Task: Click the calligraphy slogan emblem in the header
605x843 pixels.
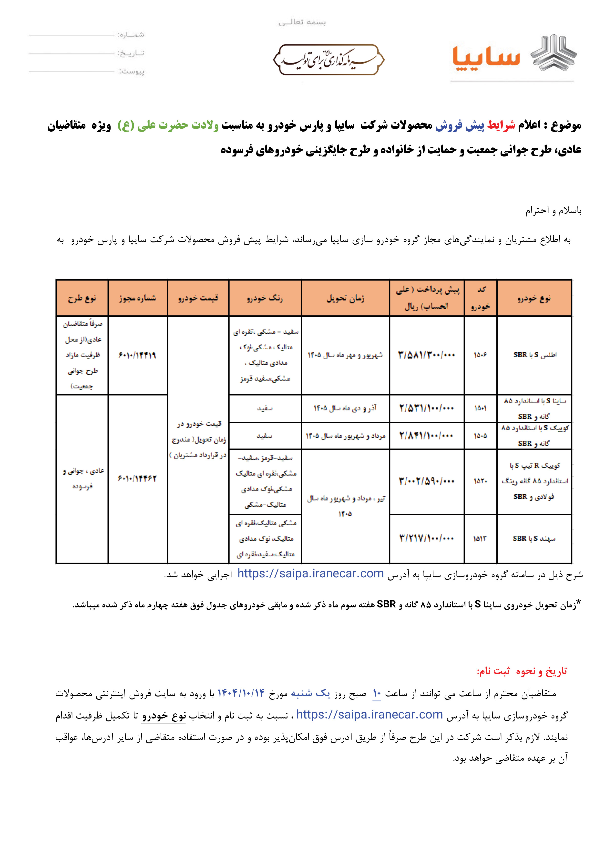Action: click(x=328, y=60)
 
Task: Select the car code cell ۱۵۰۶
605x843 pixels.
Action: click(x=480, y=355)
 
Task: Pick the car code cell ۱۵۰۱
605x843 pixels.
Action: click(x=480, y=408)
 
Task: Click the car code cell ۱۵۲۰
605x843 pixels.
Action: click(x=480, y=481)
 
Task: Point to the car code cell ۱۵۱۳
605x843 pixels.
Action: click(x=480, y=538)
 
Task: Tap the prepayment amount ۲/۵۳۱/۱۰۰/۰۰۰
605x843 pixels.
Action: click(x=426, y=408)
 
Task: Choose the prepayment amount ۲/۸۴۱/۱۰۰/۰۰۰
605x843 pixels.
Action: click(x=426, y=435)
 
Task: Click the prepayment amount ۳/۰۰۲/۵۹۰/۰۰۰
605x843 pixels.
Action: click(x=426, y=481)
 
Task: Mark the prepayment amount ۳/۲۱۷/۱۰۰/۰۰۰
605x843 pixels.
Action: click(x=426, y=538)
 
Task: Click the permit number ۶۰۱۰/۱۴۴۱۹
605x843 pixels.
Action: click(x=137, y=355)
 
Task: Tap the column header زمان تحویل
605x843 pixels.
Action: click(x=345, y=298)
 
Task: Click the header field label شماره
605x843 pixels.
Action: click(x=131, y=35)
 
